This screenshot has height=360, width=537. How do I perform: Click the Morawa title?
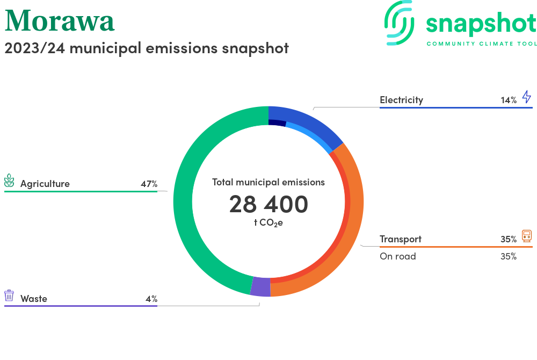coord(60,20)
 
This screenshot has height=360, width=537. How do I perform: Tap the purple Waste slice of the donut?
coord(260,286)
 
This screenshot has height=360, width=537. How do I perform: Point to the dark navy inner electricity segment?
coord(277,123)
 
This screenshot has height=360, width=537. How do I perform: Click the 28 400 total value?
coord(268,204)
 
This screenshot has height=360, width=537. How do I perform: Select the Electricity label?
coord(401,100)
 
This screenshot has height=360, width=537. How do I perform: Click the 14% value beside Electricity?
coord(509,100)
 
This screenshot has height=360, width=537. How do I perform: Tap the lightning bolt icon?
coord(527,97)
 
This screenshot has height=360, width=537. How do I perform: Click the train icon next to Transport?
coord(527,236)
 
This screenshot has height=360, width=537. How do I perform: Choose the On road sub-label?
coord(397,256)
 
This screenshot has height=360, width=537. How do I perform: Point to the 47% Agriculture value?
coord(149,184)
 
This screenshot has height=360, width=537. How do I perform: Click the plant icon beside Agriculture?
coord(9,181)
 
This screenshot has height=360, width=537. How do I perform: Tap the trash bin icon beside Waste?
coord(9,296)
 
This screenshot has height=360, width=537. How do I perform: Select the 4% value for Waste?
coord(151,299)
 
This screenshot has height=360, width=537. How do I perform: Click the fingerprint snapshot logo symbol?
coord(399,23)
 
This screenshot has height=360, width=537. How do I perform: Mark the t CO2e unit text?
coord(268,223)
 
